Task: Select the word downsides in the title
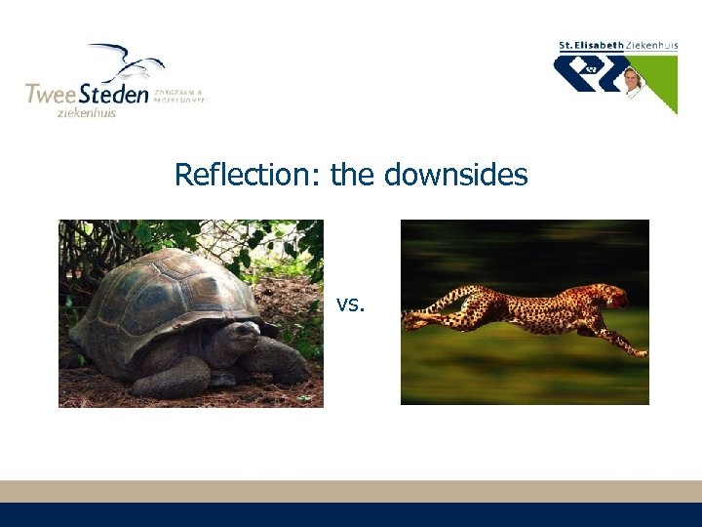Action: point(455,176)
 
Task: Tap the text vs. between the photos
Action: point(350,304)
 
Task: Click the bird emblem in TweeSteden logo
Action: point(127,63)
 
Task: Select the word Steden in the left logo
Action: point(113,95)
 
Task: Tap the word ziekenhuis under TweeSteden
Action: point(86,113)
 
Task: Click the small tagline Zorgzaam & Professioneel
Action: point(180,95)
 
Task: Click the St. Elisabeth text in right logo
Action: point(591,46)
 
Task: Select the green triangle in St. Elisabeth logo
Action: point(663,83)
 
